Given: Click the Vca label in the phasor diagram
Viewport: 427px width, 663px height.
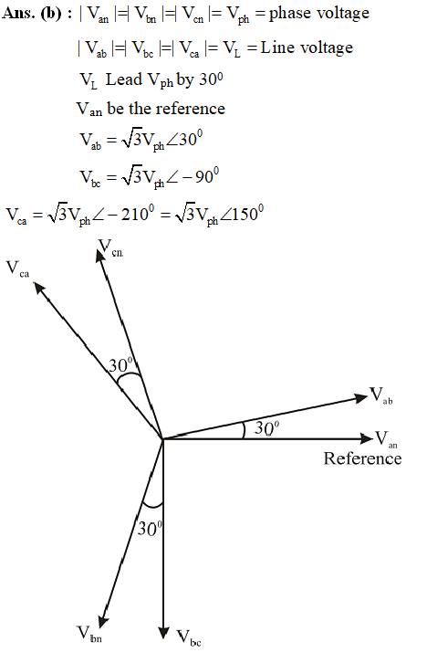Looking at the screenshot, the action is [x=17, y=269].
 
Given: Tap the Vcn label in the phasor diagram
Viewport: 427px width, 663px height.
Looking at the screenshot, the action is [x=110, y=248].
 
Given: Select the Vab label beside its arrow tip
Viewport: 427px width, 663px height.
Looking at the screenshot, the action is [x=381, y=396].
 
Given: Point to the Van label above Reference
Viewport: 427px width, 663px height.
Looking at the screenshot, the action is [x=386, y=439].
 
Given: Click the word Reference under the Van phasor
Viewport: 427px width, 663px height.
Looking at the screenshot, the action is [x=362, y=458].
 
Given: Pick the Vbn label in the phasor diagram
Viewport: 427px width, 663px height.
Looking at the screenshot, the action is [x=89, y=635].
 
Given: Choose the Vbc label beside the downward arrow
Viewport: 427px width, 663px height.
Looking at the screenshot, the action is [x=188, y=638].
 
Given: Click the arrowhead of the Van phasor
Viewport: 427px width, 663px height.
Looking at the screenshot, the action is [x=367, y=438].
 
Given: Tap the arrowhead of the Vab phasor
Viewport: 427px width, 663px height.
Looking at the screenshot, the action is [x=360, y=397].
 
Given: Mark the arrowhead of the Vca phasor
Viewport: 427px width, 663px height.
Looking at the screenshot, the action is [x=39, y=289].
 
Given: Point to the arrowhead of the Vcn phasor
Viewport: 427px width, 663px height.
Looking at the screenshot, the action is [x=100, y=257].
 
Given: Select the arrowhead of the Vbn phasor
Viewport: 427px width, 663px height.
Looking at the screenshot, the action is [x=102, y=623].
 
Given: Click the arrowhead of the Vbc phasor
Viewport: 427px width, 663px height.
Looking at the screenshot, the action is [x=163, y=633].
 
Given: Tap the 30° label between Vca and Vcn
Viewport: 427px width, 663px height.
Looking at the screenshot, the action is [x=120, y=364].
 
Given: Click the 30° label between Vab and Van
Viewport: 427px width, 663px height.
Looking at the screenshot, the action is [x=266, y=428].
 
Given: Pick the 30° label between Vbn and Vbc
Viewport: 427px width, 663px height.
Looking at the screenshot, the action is [x=150, y=529].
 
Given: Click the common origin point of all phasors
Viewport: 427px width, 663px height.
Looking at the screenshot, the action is [x=163, y=439].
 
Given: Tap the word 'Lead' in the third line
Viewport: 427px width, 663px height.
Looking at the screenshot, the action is [x=124, y=79].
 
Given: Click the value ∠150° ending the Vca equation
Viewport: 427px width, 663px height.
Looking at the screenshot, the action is [x=242, y=214].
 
